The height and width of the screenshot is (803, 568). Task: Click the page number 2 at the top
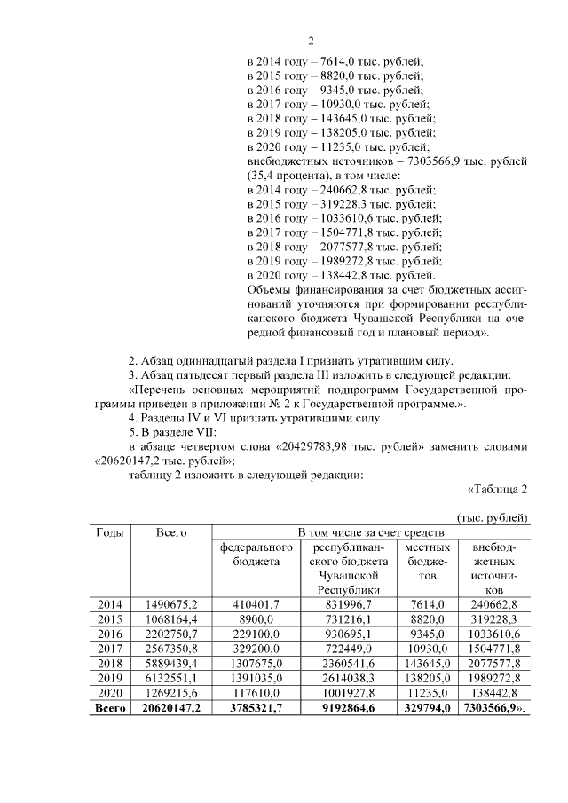click(311, 41)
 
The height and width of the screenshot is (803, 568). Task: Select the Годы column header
click(109, 531)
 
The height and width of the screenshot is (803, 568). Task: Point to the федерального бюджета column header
click(250, 554)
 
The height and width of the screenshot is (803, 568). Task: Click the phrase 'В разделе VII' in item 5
click(183, 431)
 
